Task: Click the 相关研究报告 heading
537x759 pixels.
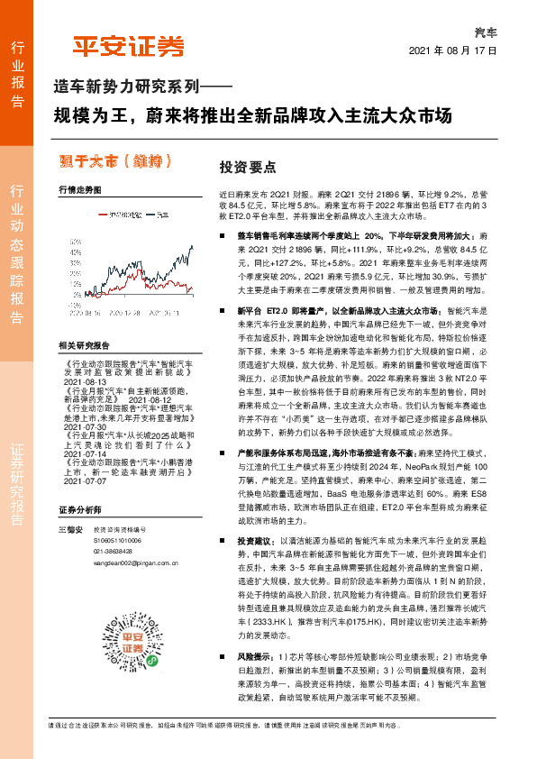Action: pyautogui.click(x=84, y=345)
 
